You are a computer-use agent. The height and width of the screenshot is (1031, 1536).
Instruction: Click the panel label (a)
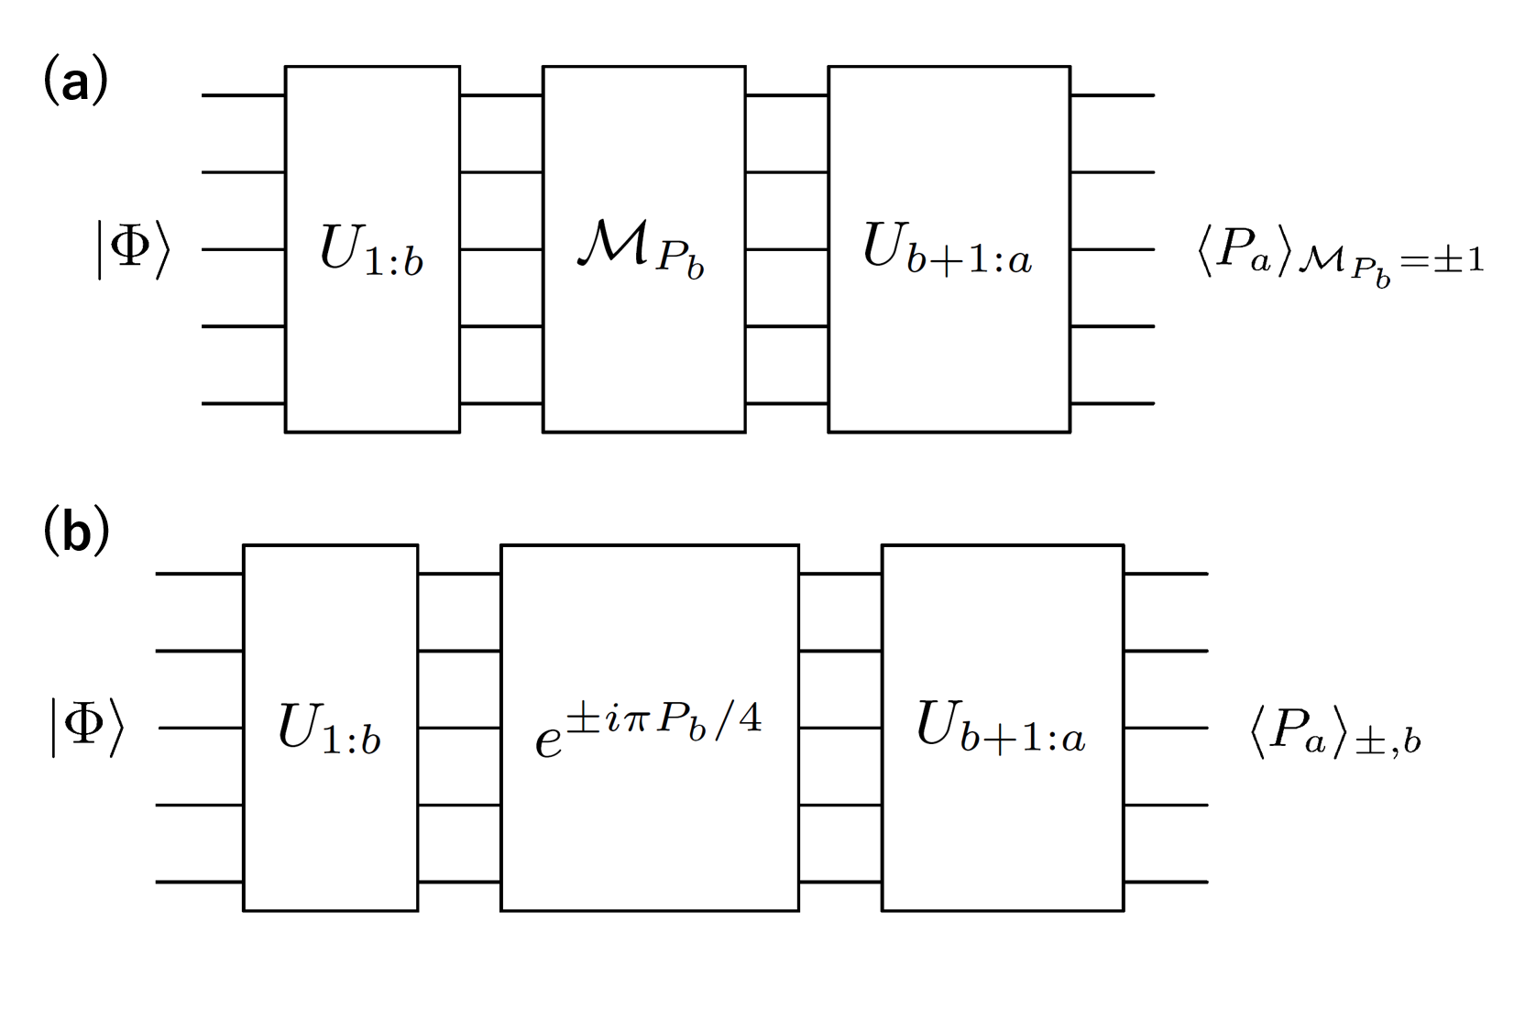click(x=75, y=81)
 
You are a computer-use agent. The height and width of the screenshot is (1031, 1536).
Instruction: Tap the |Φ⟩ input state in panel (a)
click(x=134, y=248)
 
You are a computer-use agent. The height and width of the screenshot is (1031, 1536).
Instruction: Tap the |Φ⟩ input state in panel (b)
click(x=87, y=728)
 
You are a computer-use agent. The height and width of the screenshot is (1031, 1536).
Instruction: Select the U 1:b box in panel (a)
click(x=372, y=248)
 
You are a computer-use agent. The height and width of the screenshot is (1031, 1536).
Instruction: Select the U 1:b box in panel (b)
click(x=330, y=728)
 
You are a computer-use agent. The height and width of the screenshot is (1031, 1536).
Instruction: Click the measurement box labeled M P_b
click(x=643, y=248)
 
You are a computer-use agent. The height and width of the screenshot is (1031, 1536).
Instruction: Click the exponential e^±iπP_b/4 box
click(x=649, y=728)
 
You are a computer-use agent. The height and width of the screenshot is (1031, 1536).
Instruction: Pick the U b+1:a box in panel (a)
click(x=949, y=248)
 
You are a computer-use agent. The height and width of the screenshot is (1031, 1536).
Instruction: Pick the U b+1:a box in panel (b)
click(x=1002, y=728)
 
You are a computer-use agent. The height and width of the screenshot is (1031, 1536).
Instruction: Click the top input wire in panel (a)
click(x=243, y=95)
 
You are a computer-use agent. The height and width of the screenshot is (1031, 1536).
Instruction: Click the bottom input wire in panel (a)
click(x=243, y=403)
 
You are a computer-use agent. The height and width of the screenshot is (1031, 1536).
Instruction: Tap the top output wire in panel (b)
click(x=1166, y=574)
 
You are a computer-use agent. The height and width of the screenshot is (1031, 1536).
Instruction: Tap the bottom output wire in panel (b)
click(x=1166, y=882)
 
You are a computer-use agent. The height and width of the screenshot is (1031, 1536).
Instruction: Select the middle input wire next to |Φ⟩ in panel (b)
click(x=200, y=728)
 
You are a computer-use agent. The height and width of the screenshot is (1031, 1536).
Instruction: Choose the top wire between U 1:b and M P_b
click(x=500, y=95)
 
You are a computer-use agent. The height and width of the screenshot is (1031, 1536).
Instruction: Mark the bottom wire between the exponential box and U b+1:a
click(x=839, y=882)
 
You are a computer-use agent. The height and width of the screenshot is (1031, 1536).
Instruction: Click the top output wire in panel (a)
click(x=1112, y=95)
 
